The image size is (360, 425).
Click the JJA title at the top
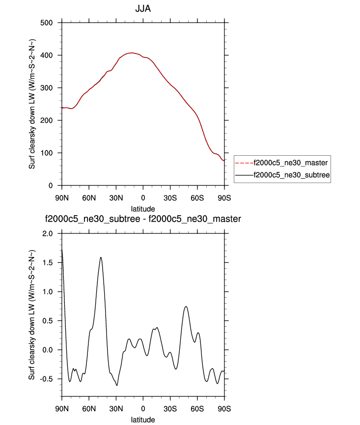coord(142,9)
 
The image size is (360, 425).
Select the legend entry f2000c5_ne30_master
coord(289,162)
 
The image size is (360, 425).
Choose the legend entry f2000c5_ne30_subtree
coord(289,174)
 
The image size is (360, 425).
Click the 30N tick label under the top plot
coord(116,198)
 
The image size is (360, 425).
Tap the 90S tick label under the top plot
coord(224,198)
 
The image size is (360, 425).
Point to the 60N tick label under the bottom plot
coord(89,409)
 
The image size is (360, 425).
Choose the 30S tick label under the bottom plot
coord(170,409)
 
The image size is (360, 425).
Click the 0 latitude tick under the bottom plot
coord(143,409)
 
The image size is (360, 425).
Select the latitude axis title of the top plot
coord(143,209)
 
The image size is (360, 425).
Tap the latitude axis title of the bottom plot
coord(143,420)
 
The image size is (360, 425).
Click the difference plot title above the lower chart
coord(143,219)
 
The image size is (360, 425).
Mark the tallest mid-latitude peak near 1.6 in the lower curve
coord(101,257)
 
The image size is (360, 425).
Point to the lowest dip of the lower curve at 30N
coord(117,385)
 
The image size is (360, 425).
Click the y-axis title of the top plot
coord(32,104)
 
